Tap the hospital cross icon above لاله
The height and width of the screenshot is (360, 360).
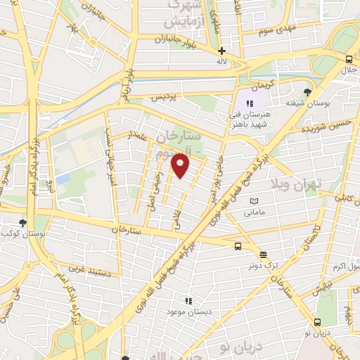(x=222, y=51)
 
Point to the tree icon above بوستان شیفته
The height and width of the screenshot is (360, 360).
(x=307, y=92)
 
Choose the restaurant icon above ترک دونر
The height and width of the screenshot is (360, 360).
(x=263, y=255)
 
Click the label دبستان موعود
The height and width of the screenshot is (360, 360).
(x=187, y=311)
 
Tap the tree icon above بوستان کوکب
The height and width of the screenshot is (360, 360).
(x=23, y=222)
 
